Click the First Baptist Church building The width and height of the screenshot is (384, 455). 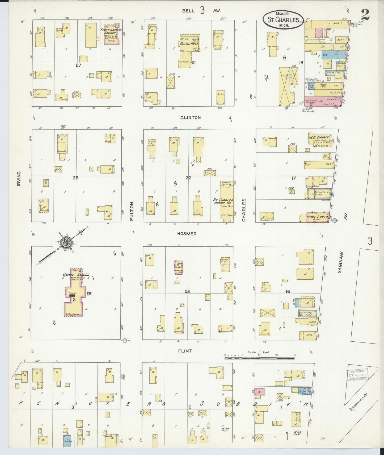[112, 35]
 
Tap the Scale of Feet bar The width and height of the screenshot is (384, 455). [260, 358]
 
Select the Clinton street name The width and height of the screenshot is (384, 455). [190, 117]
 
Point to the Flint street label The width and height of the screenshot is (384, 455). [185, 351]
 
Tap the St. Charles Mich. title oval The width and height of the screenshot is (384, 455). [283, 20]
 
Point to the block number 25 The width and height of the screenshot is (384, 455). [89, 293]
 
